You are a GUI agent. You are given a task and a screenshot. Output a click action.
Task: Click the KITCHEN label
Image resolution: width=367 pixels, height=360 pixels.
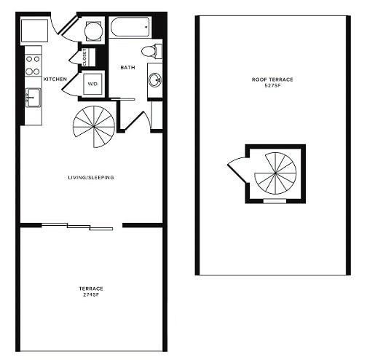tap(56, 78)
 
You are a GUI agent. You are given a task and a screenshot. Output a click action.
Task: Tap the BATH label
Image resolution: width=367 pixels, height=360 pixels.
tap(128, 67)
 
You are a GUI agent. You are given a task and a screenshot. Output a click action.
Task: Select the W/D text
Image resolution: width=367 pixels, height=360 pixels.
tap(93, 83)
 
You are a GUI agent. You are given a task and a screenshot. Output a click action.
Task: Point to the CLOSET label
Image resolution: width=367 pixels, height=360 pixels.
tap(84, 57)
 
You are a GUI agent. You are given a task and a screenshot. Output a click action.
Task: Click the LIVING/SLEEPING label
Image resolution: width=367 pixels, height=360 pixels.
tap(91, 178)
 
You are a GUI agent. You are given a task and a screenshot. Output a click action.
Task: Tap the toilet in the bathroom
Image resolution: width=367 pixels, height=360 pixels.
tap(150, 51)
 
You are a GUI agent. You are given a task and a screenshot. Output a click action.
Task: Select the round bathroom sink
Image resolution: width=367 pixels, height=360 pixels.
tap(155, 80)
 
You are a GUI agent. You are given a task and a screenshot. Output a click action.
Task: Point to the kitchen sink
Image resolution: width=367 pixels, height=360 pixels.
tap(33, 98)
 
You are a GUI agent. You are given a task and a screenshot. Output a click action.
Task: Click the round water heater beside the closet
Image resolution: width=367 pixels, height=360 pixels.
tap(93, 31)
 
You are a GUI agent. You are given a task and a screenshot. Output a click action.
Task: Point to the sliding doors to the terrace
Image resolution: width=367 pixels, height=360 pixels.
tap(77, 227)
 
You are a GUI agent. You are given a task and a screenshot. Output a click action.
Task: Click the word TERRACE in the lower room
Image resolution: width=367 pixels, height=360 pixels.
tap(91, 288)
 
